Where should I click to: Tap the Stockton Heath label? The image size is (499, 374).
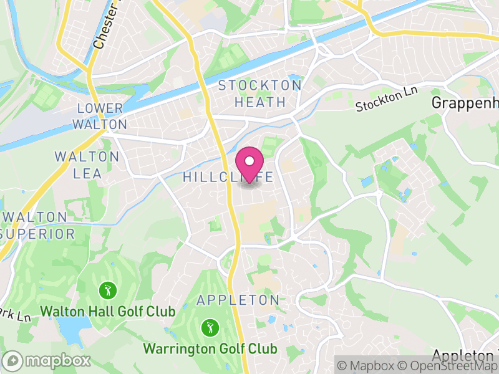coord(260,93)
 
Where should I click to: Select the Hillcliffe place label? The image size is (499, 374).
coord(228,178)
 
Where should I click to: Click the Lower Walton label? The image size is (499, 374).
coord(99,117)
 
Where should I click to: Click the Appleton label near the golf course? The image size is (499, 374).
coord(238,300)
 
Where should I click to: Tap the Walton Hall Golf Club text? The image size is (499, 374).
coord(108,310)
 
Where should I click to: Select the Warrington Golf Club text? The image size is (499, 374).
coord(210,348)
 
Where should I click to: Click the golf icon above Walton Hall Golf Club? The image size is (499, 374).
coord(108,290)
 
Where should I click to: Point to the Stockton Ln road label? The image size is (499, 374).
coord(386,99)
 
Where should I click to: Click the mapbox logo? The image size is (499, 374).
coord(47,360)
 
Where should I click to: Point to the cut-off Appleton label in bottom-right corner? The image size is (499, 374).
coord(465,356)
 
